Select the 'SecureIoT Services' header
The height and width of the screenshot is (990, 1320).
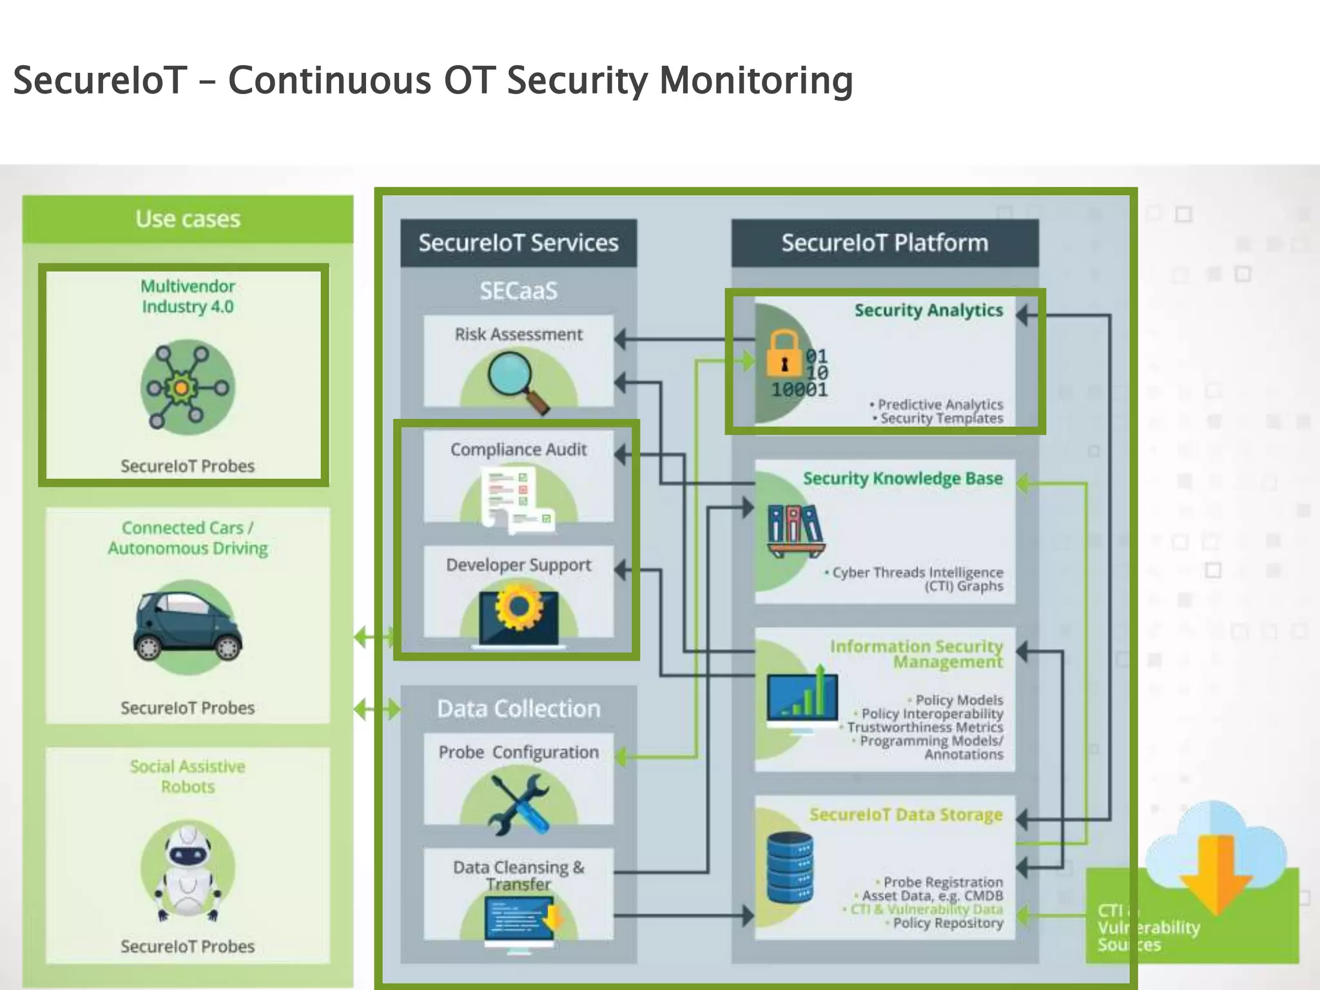pos(518,243)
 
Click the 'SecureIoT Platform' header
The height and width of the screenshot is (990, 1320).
pos(884,243)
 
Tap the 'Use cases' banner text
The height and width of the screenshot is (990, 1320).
pos(188,219)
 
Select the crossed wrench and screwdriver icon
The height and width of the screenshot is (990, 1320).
pos(519,803)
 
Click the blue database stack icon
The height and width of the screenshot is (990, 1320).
pos(790,867)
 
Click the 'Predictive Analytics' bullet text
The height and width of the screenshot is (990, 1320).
pos(940,404)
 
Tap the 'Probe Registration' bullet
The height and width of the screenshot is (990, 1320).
pos(942,881)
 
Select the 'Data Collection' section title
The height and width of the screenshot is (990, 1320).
pos(518,708)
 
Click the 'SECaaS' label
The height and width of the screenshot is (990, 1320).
pos(518,291)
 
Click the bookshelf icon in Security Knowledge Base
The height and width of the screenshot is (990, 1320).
pos(795,530)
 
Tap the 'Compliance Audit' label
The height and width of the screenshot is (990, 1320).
pos(518,449)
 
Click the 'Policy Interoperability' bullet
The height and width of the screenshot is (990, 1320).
pos(932,713)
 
